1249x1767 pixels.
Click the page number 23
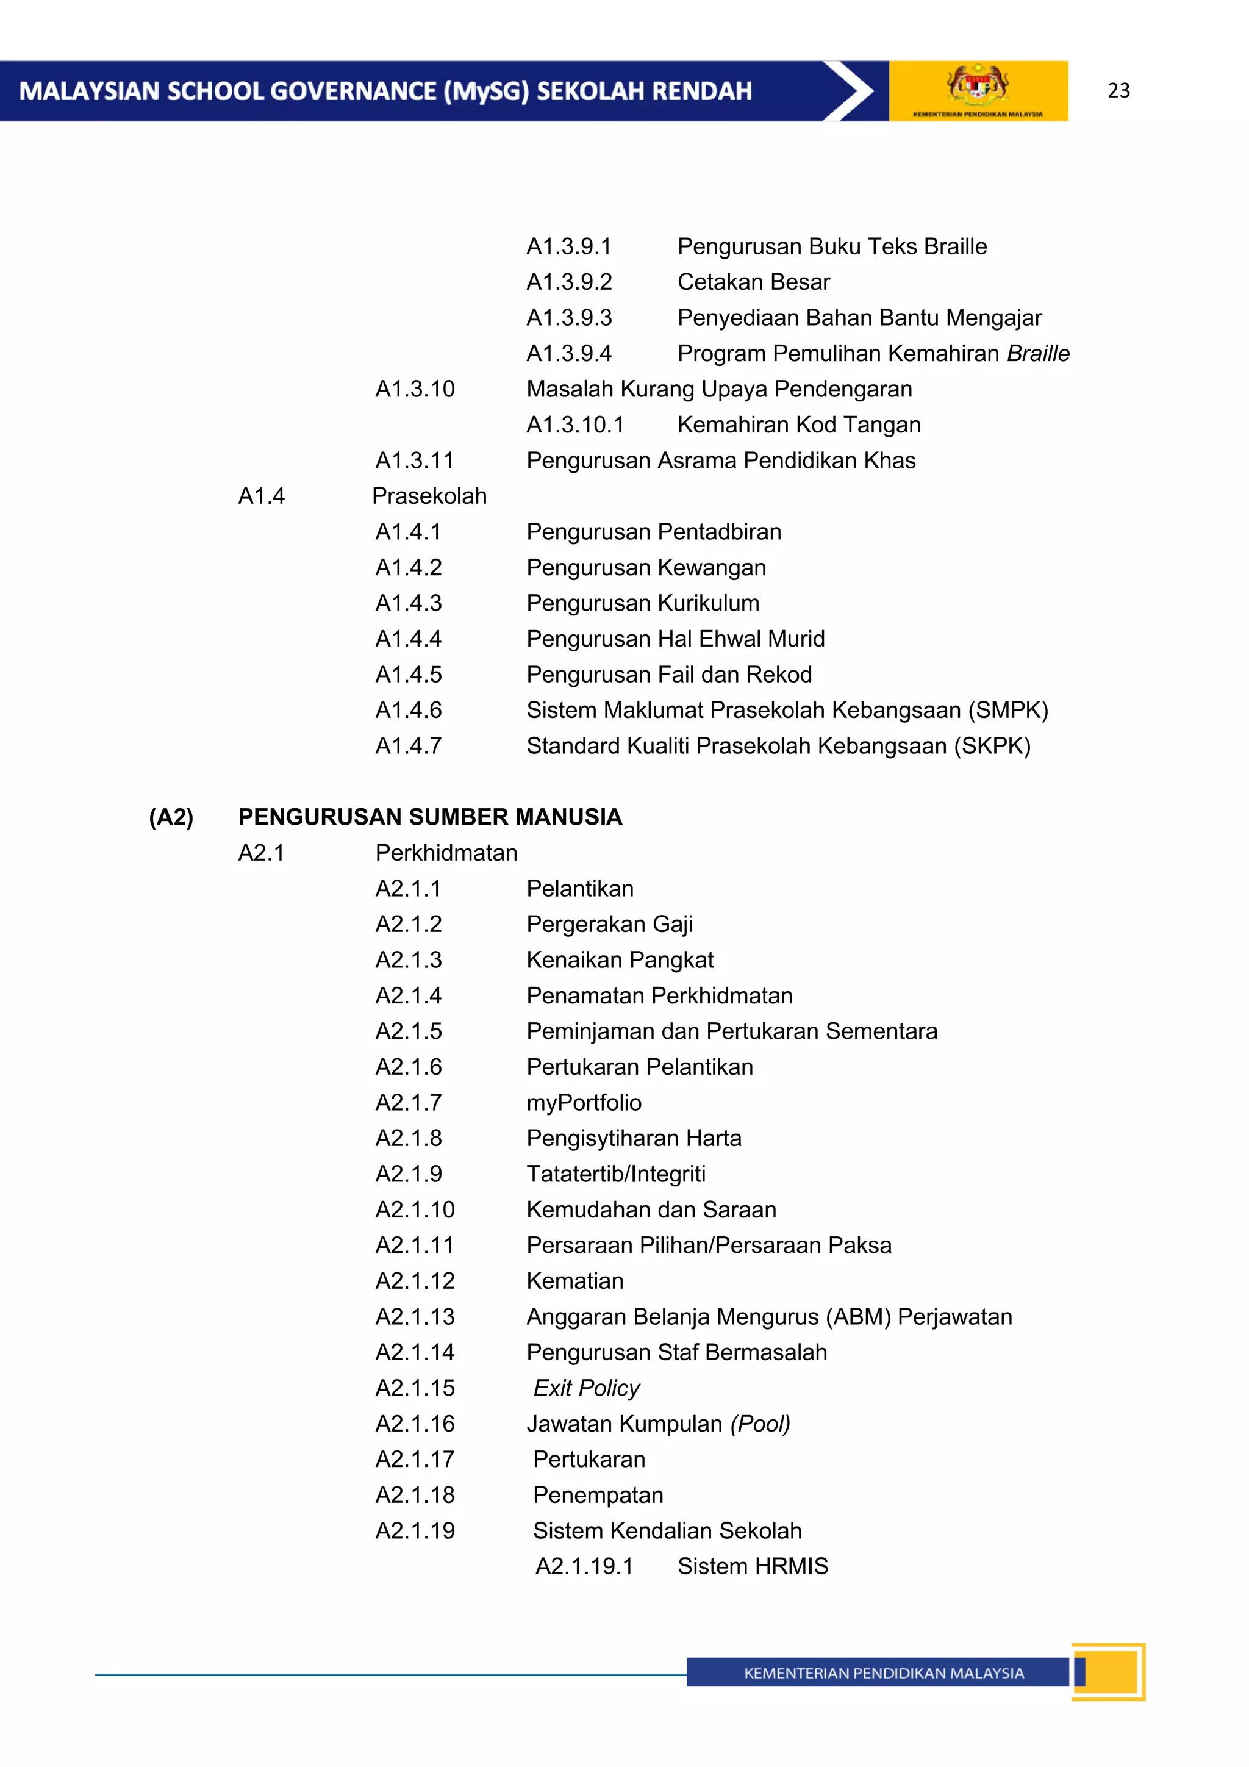coord(1118,91)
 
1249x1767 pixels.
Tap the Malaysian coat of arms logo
coord(978,85)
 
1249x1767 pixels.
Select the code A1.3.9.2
coord(569,282)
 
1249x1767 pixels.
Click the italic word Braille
coord(1037,353)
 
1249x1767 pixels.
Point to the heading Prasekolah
coord(429,496)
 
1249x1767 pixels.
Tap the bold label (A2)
coord(171,817)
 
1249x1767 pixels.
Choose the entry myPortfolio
coord(583,1103)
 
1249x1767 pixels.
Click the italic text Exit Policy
coord(587,1388)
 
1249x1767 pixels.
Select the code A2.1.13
coord(415,1317)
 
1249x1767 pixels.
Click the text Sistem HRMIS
coord(753,1567)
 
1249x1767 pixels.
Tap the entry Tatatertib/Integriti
coord(615,1174)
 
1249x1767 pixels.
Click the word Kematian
coord(575,1281)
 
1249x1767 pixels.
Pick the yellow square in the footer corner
coord(1109,1672)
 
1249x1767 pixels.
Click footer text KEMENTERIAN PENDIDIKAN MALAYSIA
coord(884,1673)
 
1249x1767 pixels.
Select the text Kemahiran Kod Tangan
coord(799,425)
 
